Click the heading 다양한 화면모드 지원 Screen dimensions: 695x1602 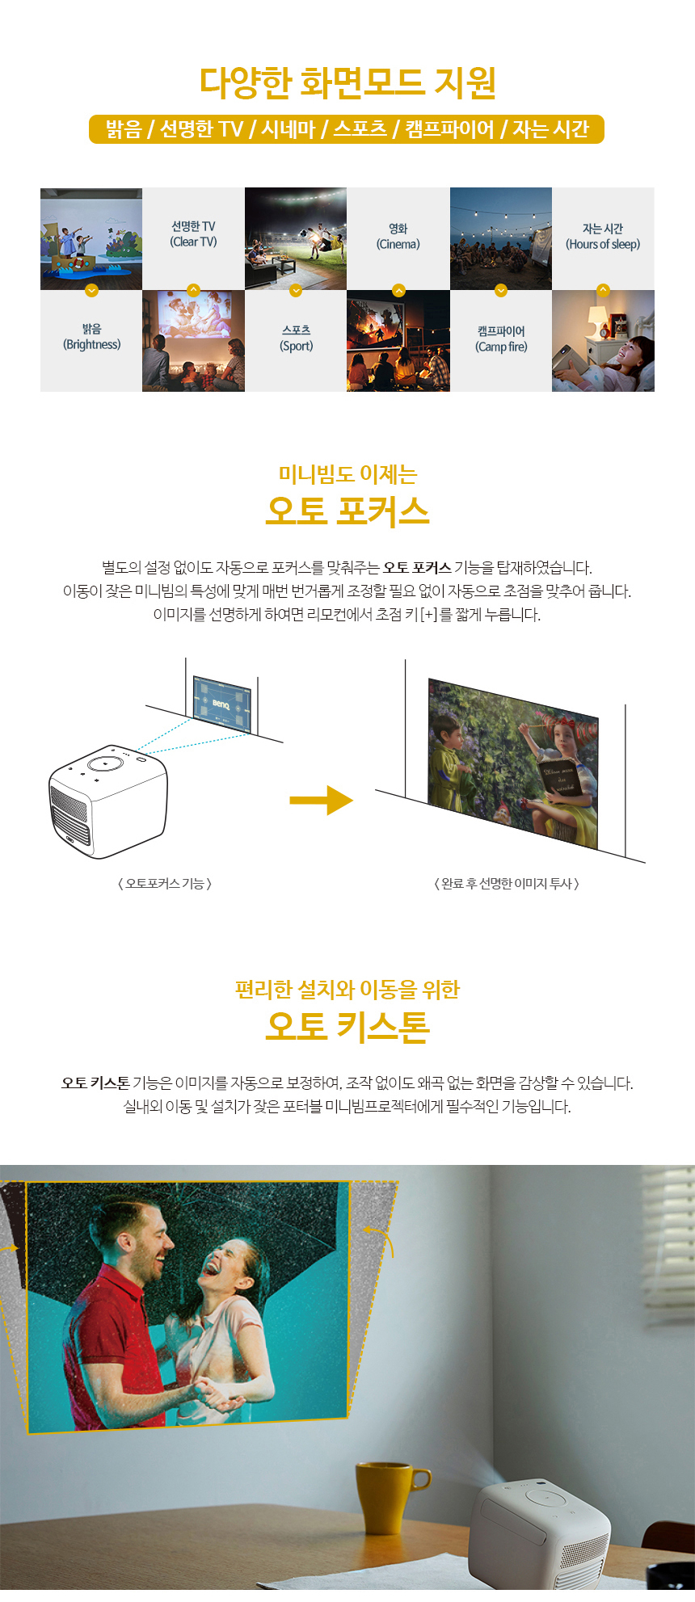click(347, 82)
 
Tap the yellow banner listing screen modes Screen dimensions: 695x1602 click(347, 129)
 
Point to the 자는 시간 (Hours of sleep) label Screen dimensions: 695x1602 click(603, 237)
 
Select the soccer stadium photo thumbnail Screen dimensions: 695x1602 click(296, 239)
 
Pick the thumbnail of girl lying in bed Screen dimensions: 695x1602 click(603, 341)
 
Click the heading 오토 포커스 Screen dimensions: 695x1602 click(347, 511)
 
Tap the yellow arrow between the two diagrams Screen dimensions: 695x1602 click(322, 801)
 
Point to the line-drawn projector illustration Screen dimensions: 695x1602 click(108, 801)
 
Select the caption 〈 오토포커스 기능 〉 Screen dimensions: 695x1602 click(165, 884)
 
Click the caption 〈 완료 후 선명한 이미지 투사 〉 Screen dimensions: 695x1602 click(507, 884)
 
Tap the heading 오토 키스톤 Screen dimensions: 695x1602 click(347, 1026)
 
